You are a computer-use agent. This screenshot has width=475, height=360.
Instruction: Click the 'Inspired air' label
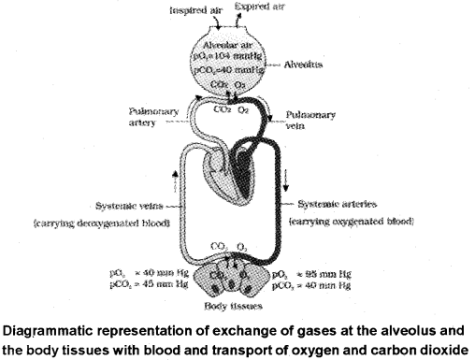pos(194,12)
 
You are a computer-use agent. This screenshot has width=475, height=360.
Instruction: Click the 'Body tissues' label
pos(242,304)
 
